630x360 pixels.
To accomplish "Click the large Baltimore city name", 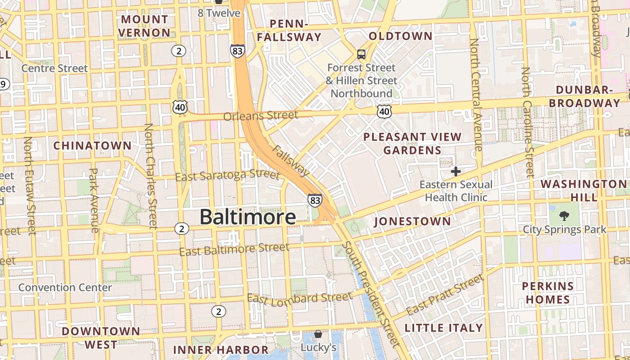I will pyautogui.click(x=247, y=217).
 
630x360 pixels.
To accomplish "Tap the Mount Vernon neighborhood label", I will pyautogui.click(x=144, y=26).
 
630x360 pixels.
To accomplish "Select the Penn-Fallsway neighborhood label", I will pyautogui.click(x=289, y=30).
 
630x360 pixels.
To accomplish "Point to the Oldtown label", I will pyautogui.click(x=400, y=36).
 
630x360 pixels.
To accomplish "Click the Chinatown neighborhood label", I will pyautogui.click(x=92, y=146).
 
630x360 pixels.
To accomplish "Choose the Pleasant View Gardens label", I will pyautogui.click(x=412, y=143).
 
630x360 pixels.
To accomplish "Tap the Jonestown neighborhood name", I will pyautogui.click(x=412, y=221).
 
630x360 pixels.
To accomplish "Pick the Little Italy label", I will pyautogui.click(x=444, y=328).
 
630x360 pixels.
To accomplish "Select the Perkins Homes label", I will pyautogui.click(x=548, y=292).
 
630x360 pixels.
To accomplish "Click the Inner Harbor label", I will pyautogui.click(x=220, y=350).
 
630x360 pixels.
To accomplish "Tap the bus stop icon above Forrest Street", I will pyautogui.click(x=361, y=55).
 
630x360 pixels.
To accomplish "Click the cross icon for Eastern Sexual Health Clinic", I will pyautogui.click(x=455, y=171).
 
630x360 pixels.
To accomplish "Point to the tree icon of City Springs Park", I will pyautogui.click(x=564, y=216).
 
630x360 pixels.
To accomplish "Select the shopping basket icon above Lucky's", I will pyautogui.click(x=318, y=334).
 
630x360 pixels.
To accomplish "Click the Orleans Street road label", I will pyautogui.click(x=261, y=116).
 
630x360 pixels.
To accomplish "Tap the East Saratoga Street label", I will pyautogui.click(x=227, y=175).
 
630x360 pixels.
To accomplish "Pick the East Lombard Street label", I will pyautogui.click(x=300, y=298).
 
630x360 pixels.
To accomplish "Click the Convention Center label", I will pyautogui.click(x=65, y=288).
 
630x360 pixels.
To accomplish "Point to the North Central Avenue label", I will pyautogui.click(x=475, y=94).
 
